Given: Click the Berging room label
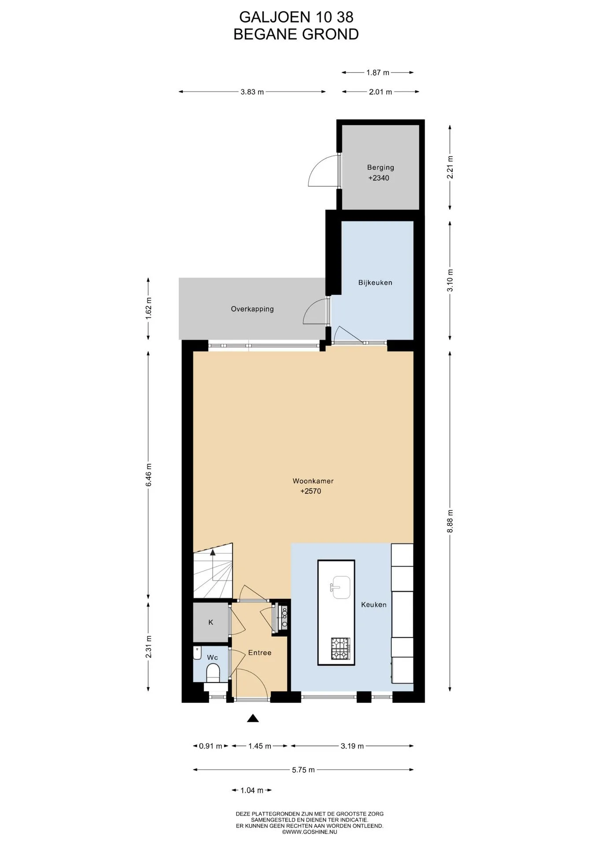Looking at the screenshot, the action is coord(380,167).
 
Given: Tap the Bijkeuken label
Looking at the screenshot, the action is coord(375,283).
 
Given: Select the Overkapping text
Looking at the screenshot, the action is coord(252,309).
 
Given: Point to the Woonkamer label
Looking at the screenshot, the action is coord(313,481).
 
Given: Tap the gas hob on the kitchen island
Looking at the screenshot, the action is coord(341,648).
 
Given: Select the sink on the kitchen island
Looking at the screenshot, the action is coord(341,588).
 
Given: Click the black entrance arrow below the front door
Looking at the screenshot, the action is coord(253,718).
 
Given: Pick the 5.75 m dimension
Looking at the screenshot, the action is coord(303,770).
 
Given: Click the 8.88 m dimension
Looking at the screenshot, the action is coord(450,521).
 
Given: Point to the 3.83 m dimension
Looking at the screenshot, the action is coord(252,92).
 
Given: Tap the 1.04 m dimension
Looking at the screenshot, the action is coord(252,790).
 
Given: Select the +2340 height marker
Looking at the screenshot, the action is coord(379,178).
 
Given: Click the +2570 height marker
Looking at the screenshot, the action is coord(311,491).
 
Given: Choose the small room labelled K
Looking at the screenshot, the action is coord(211,622).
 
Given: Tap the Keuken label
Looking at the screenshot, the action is coord(374,605).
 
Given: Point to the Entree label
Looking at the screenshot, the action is coord(260,653).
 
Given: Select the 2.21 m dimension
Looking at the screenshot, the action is coord(450,167).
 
